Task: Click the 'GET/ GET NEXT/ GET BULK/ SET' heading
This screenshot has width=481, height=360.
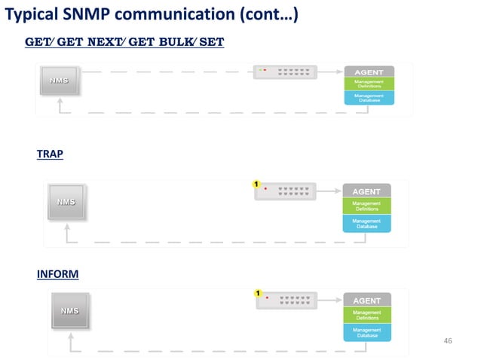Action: (x=124, y=42)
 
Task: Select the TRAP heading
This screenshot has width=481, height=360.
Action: (x=50, y=154)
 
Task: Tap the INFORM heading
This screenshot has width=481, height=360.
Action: (x=57, y=274)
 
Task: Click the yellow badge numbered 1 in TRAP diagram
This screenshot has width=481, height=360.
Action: (x=256, y=183)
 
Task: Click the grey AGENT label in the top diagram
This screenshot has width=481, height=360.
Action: (x=369, y=72)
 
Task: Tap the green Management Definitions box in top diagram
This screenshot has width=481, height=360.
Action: (x=369, y=84)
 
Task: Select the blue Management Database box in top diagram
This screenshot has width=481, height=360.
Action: (x=369, y=98)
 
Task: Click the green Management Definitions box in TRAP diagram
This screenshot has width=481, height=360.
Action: (x=367, y=206)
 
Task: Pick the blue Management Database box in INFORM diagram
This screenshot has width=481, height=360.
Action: (x=367, y=332)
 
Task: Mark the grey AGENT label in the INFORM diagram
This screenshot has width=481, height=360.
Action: (x=367, y=301)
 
